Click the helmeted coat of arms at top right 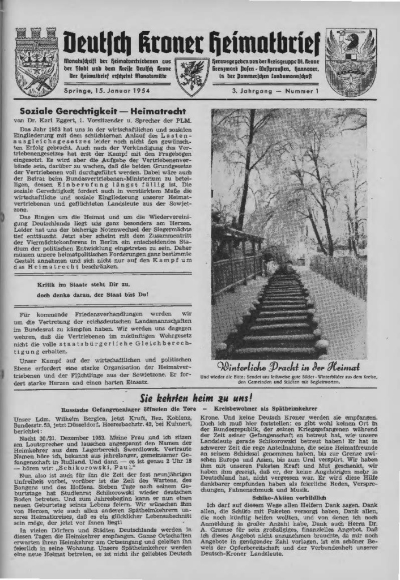coord(351,61)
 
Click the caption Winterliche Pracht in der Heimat coord(288,365)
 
